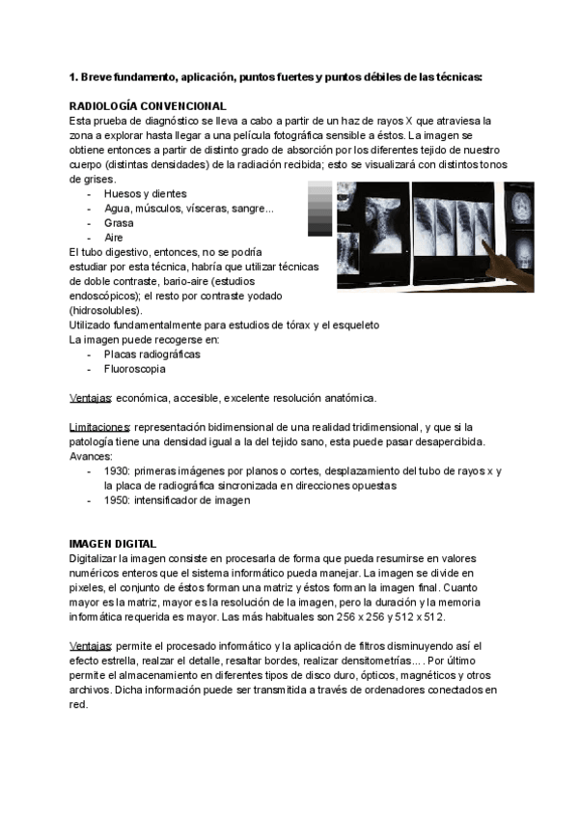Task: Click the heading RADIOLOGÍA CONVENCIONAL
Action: [x=148, y=105]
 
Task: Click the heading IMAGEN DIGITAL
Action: [x=113, y=544]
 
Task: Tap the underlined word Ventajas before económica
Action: [x=91, y=398]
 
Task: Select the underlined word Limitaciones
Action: [x=100, y=427]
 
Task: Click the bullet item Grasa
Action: [x=119, y=222]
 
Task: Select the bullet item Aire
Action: [x=114, y=237]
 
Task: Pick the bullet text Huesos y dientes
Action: [x=145, y=193]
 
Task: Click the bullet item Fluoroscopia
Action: [x=134, y=369]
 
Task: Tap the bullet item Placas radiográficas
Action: [x=152, y=354]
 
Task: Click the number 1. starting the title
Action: [x=74, y=76]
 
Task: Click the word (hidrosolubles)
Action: [x=105, y=310]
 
